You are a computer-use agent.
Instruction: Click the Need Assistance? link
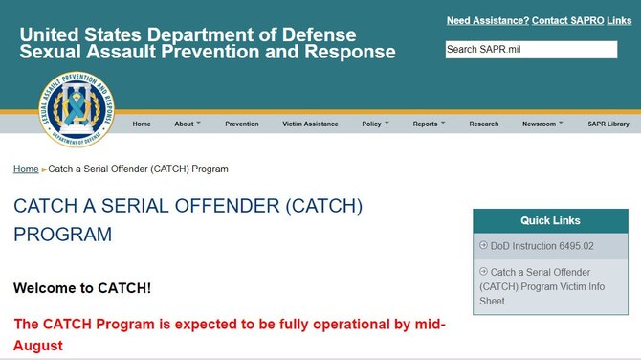click(x=487, y=20)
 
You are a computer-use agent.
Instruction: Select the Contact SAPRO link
click(x=567, y=20)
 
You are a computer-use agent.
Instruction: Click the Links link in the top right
click(x=619, y=20)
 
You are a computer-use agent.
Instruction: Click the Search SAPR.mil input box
click(x=531, y=50)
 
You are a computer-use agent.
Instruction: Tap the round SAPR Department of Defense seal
click(x=77, y=109)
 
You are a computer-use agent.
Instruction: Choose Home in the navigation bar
click(x=142, y=124)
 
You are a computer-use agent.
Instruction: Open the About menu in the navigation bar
click(x=188, y=124)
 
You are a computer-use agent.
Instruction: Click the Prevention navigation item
click(x=242, y=124)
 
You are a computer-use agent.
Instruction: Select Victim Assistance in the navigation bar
click(x=310, y=124)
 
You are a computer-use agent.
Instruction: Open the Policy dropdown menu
click(x=375, y=124)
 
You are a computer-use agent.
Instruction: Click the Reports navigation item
click(x=429, y=124)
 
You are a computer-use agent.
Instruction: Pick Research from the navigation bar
click(x=483, y=124)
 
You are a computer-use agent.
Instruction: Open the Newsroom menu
click(x=542, y=124)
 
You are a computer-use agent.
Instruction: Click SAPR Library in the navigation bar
click(x=608, y=124)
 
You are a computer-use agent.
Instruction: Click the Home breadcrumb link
click(x=26, y=169)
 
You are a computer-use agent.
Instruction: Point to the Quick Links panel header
click(x=550, y=221)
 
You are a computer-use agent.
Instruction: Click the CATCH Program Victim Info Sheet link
click(x=541, y=286)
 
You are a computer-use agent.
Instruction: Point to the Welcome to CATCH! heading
click(x=82, y=288)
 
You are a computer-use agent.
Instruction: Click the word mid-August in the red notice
click(x=420, y=324)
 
